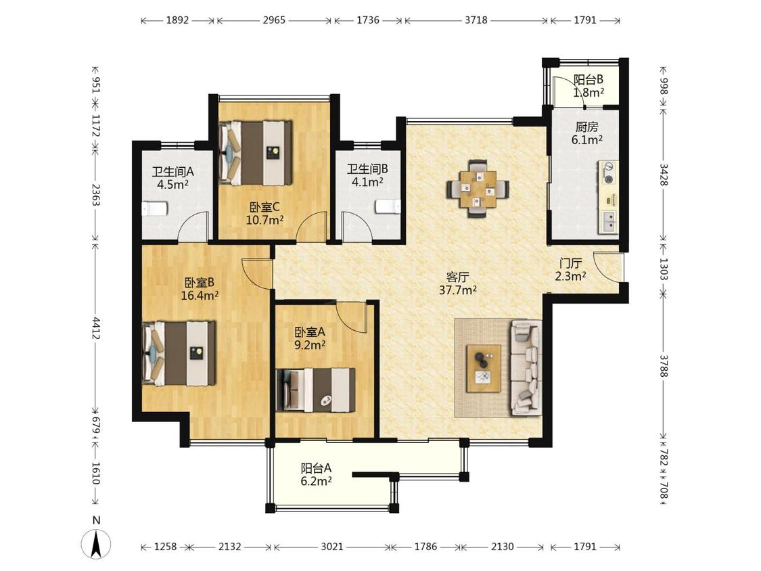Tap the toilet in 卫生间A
point(154,209)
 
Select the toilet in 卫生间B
point(388,206)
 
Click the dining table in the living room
point(478,188)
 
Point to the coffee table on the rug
point(484,368)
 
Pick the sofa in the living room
point(526,367)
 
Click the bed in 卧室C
point(256,152)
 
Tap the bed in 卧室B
point(179,353)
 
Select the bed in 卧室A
point(315,390)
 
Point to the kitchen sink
point(609,222)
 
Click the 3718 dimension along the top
point(476,20)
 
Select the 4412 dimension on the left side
point(96,328)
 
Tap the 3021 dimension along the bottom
point(332,547)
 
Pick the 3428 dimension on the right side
point(664,175)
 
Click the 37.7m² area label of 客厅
point(458,290)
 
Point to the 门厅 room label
point(571,264)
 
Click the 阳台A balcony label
point(316,469)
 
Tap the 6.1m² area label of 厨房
point(586,140)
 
